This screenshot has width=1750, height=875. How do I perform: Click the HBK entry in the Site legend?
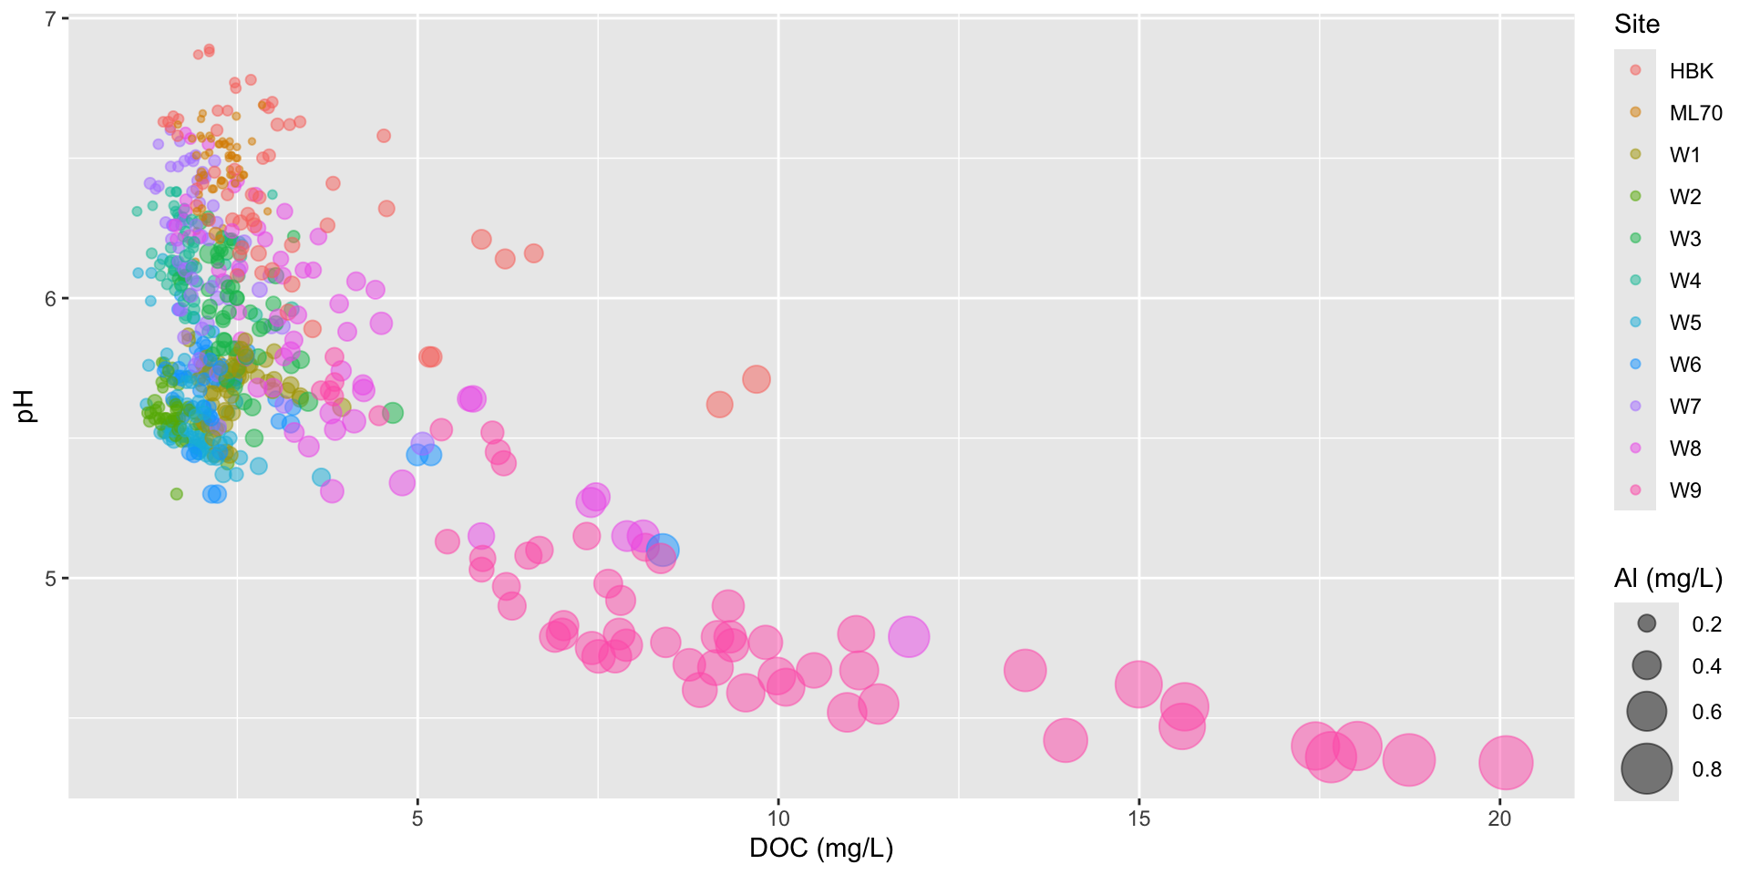pyautogui.click(x=1691, y=71)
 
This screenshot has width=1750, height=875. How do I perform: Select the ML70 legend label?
pyautogui.click(x=1695, y=113)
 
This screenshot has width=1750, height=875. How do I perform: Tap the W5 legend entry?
pyautogui.click(x=1684, y=323)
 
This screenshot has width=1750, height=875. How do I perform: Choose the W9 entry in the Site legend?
pyautogui.click(x=1684, y=490)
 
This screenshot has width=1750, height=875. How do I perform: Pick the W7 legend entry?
pyautogui.click(x=1684, y=407)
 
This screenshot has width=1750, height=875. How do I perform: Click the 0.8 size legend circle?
pyautogui.click(x=1646, y=768)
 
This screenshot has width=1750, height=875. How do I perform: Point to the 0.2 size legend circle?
pyautogui.click(x=1646, y=623)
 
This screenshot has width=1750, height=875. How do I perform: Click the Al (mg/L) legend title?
pyautogui.click(x=1668, y=578)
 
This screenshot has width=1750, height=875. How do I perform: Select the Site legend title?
pyautogui.click(x=1637, y=25)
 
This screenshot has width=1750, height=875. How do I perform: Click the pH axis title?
pyautogui.click(x=26, y=407)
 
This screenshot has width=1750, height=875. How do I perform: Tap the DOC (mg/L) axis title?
pyautogui.click(x=820, y=849)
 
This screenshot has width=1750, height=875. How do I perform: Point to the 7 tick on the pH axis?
pyautogui.click(x=51, y=18)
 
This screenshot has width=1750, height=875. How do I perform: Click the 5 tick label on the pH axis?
pyautogui.click(x=51, y=578)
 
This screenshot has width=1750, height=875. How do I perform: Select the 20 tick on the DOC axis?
pyautogui.click(x=1499, y=818)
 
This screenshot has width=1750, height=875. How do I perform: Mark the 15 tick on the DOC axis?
pyautogui.click(x=1139, y=818)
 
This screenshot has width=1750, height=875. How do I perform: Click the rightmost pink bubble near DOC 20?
pyautogui.click(x=1506, y=762)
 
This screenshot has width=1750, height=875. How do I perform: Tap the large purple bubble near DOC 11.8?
pyautogui.click(x=908, y=636)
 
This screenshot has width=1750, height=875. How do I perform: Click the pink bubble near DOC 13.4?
pyautogui.click(x=1024, y=671)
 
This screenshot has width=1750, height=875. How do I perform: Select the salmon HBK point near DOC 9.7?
pyautogui.click(x=756, y=379)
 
